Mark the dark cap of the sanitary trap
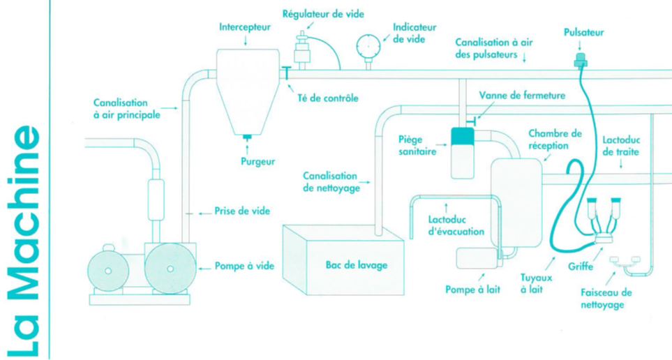click(x=462, y=137)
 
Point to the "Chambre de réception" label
click(x=555, y=139)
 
